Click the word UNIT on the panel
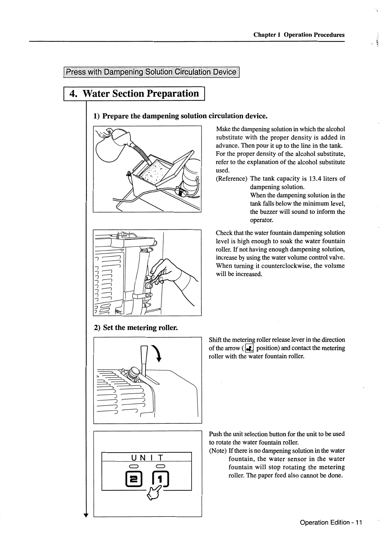[147, 457]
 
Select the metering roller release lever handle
[144, 355]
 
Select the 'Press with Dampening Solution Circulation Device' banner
[151, 72]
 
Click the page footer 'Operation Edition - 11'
[331, 522]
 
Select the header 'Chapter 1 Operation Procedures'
[299, 35]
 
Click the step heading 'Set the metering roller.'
[136, 328]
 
